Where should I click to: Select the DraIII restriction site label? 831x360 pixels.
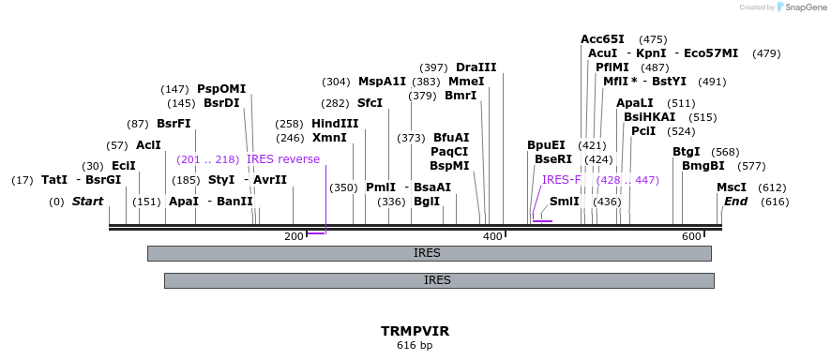tap(476, 67)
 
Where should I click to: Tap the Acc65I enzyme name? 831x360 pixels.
tap(602, 39)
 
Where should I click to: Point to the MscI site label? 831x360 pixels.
tap(732, 187)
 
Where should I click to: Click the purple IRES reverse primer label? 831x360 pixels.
tap(283, 159)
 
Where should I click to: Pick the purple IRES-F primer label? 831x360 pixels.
tap(561, 180)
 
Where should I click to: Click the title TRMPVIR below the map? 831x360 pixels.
tap(415, 332)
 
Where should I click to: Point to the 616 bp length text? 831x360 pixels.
tap(415, 346)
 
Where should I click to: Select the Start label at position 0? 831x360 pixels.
tap(87, 202)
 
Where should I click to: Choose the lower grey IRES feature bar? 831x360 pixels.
tap(438, 279)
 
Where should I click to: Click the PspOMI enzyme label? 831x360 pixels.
tap(221, 89)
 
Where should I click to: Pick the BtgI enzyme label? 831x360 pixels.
tap(687, 152)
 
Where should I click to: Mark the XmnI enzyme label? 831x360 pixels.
tap(329, 138)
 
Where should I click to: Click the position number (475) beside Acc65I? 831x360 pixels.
tap(652, 39)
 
